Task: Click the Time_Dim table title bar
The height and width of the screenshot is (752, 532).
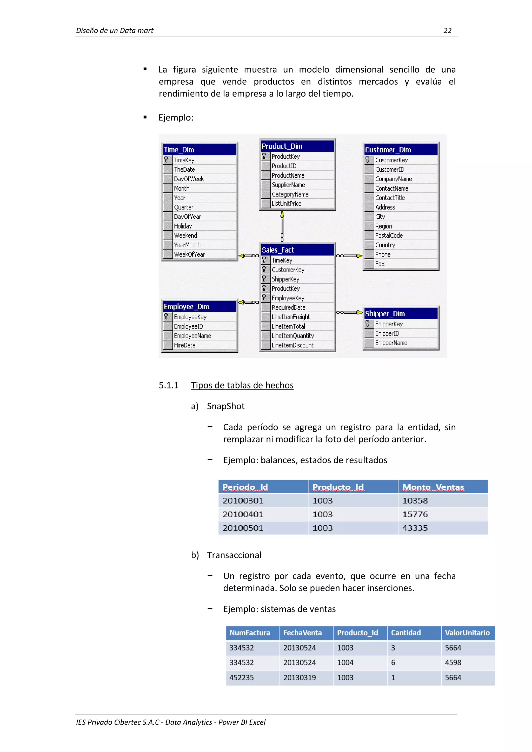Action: click(199, 150)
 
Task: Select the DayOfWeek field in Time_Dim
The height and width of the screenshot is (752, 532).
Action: click(189, 179)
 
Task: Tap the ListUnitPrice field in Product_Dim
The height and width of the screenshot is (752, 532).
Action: click(286, 204)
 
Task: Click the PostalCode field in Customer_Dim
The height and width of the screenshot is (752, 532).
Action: click(389, 236)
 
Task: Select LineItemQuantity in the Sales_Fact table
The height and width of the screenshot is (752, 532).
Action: click(292, 336)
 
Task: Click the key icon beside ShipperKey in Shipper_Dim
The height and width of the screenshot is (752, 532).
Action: click(368, 324)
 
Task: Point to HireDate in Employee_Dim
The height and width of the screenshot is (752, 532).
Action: click(185, 345)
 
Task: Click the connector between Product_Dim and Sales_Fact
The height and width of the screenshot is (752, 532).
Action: click(282, 226)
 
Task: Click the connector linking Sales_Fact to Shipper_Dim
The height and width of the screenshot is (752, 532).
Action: click(349, 312)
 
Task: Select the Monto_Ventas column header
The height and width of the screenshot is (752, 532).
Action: click(433, 487)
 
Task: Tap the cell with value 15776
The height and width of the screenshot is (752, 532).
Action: click(415, 514)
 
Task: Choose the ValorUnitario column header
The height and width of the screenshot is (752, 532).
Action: click(467, 633)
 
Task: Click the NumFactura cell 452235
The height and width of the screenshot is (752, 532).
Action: click(241, 678)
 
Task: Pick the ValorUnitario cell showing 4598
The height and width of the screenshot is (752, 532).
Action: click(453, 663)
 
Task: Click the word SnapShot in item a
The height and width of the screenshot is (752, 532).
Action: click(226, 406)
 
